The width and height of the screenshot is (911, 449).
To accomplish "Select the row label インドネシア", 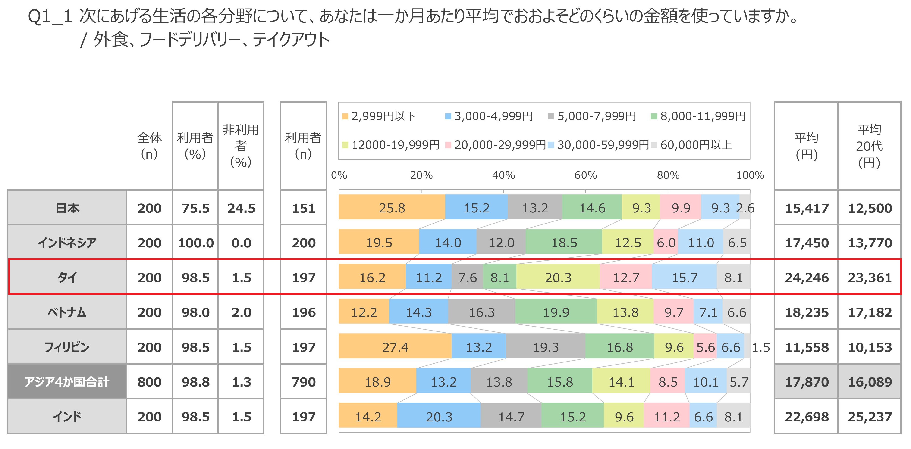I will (x=67, y=243).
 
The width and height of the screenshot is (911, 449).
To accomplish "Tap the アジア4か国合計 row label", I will (x=67, y=382).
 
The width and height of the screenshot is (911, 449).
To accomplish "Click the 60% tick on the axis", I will (x=586, y=175).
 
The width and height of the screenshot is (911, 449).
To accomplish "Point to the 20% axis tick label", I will (x=421, y=175).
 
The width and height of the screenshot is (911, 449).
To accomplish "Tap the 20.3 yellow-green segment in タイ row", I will (x=558, y=278).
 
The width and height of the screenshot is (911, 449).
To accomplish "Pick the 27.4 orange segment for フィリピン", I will (x=395, y=347).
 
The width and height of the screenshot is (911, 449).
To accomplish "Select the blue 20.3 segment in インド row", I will (x=439, y=417).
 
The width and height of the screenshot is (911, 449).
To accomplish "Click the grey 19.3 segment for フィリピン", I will (x=546, y=347).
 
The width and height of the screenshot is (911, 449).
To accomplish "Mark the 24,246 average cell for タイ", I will (x=807, y=278).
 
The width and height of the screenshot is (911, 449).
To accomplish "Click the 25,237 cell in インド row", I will (x=870, y=417).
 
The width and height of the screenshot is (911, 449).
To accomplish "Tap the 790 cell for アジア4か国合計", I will (x=303, y=382).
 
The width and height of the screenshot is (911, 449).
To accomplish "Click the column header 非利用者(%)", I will (x=241, y=146).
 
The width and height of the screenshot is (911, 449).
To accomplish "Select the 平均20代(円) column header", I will (x=869, y=146).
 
